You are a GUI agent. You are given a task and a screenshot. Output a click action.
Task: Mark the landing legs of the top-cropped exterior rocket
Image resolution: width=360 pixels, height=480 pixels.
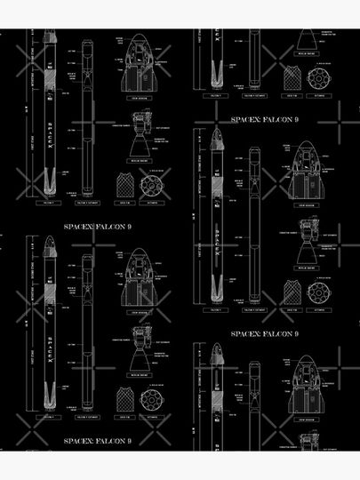click(212, 71)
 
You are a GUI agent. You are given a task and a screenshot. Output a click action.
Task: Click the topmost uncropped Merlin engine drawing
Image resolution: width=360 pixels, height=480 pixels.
click(141, 138)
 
